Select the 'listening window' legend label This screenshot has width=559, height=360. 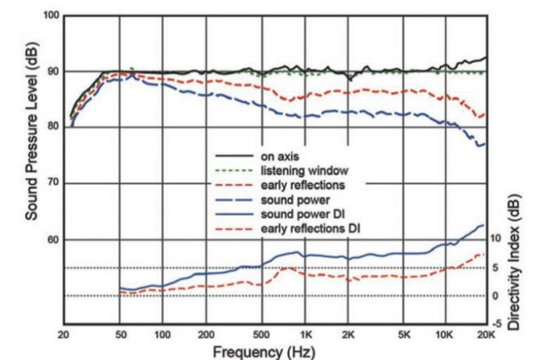pos(304,171)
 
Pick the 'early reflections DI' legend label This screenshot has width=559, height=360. pos(310,229)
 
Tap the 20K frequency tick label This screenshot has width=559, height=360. pos(486,335)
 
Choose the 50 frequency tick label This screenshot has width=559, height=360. pos(120,335)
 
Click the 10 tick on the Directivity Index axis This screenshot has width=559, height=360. pos(495,238)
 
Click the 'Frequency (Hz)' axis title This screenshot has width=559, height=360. pos(264,352)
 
